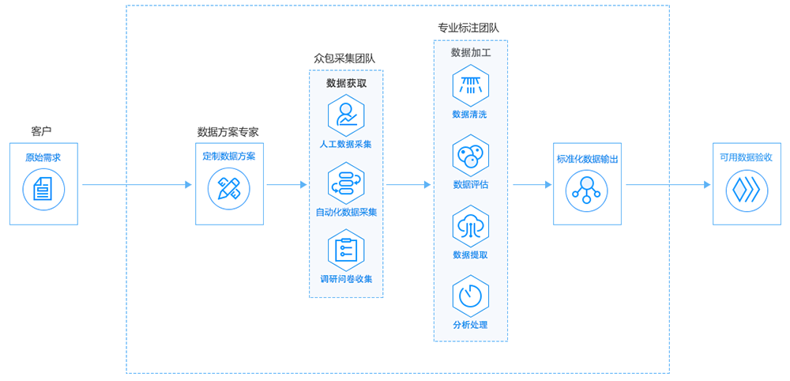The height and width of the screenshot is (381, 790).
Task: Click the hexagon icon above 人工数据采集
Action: [x=346, y=115]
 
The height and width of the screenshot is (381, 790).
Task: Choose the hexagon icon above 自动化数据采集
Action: [x=346, y=183]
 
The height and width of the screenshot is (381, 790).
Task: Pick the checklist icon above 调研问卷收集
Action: [x=346, y=250]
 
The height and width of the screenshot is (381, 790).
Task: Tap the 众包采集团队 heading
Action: [x=344, y=58]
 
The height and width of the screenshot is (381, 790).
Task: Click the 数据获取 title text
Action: [x=346, y=82]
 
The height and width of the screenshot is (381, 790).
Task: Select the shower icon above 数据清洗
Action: [x=470, y=85]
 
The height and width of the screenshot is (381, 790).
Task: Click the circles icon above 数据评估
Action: [x=470, y=156]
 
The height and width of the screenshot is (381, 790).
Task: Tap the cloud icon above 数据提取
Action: [x=470, y=225]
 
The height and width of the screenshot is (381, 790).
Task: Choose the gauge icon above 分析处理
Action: [x=470, y=295]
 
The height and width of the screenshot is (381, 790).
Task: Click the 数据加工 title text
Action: [x=471, y=52]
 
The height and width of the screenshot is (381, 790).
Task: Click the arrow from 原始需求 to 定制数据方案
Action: [x=137, y=185]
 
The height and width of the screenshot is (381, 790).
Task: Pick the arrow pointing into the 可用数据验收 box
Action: [x=668, y=185]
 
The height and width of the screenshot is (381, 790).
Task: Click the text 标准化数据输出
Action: [x=587, y=159]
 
